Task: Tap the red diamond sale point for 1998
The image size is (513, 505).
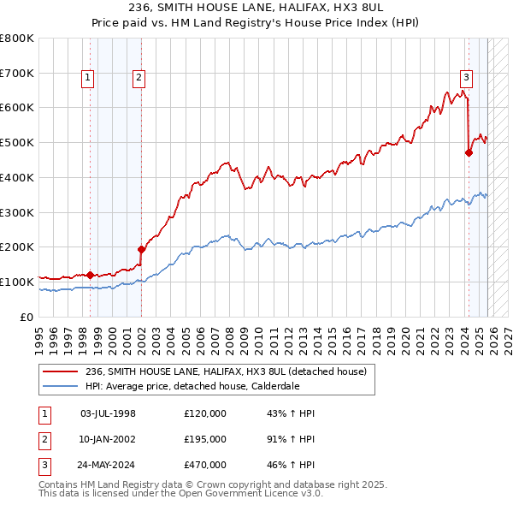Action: click(x=90, y=275)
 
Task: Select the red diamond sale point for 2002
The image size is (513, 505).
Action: click(x=141, y=249)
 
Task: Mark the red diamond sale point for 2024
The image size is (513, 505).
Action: click(x=469, y=153)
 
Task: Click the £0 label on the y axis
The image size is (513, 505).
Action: click(x=27, y=317)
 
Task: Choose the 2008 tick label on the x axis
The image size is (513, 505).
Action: click(x=228, y=335)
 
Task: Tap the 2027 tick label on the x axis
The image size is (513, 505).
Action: click(x=508, y=335)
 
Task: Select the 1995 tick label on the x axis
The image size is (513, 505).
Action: click(x=38, y=335)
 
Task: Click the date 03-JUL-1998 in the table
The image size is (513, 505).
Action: click(x=108, y=413)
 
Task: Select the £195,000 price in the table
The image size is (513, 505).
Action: click(x=205, y=439)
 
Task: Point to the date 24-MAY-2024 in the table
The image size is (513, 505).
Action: click(x=109, y=465)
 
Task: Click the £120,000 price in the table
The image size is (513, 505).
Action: click(x=205, y=413)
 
